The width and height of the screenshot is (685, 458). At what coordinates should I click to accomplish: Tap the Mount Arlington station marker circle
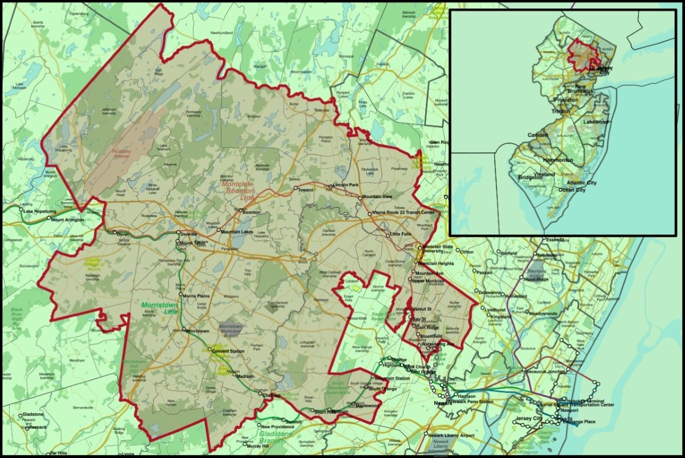48,219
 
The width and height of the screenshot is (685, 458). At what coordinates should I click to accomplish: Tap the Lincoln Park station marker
330,186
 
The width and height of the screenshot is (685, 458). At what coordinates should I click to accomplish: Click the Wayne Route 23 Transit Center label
403,213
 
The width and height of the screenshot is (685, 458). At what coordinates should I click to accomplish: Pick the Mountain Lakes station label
237,231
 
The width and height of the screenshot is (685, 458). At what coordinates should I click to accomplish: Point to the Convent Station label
228,351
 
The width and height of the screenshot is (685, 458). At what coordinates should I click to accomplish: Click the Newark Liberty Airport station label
452,435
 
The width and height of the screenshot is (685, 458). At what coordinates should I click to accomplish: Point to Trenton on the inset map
561,111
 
